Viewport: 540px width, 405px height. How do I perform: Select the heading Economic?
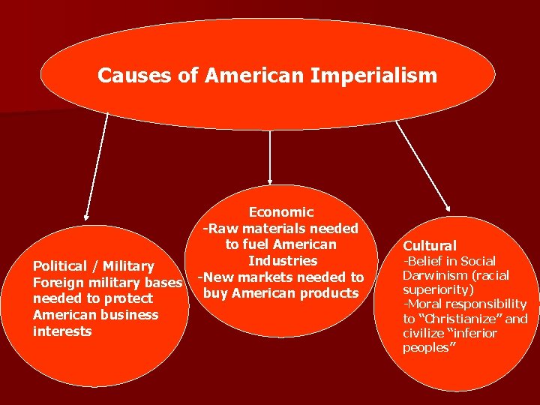(281, 212)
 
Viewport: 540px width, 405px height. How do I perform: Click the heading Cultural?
(430, 245)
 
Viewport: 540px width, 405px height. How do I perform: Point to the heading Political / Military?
(94, 266)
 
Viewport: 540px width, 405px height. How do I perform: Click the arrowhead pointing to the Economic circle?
(270, 181)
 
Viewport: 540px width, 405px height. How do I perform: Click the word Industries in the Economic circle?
(283, 261)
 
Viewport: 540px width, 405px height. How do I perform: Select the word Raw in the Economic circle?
(223, 229)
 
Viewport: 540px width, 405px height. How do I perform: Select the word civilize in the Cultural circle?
(423, 333)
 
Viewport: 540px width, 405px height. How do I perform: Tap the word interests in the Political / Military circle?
(62, 331)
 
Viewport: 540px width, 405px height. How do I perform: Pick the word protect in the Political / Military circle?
(128, 298)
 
